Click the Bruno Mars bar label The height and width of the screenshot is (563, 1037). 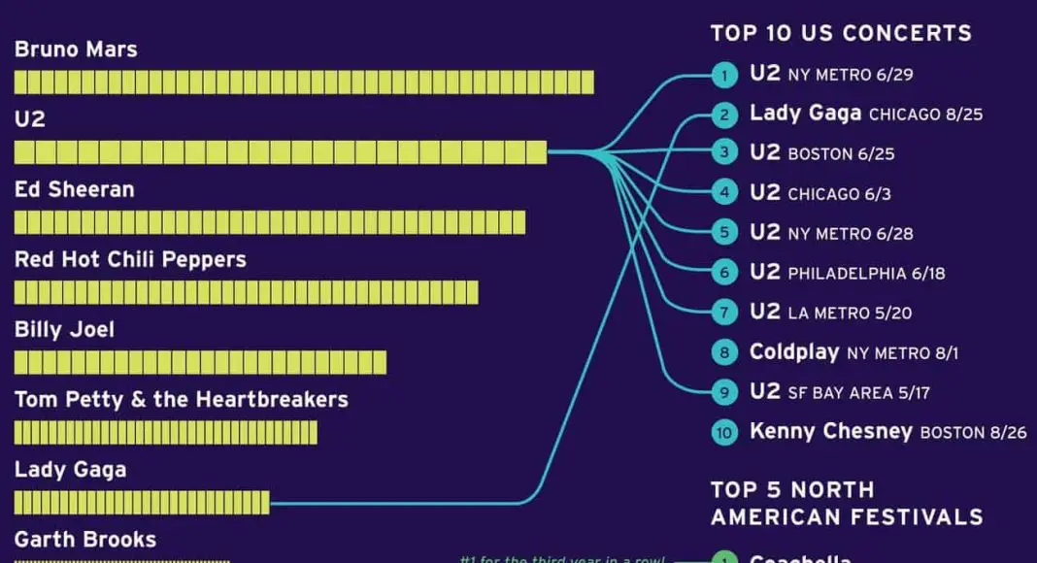[76, 50]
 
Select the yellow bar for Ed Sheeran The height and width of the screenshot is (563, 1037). [269, 222]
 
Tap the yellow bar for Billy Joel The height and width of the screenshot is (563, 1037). [200, 362]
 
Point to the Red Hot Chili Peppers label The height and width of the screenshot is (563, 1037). [130, 260]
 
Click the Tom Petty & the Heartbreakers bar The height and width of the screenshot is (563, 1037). [165, 432]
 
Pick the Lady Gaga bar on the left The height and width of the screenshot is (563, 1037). [142, 502]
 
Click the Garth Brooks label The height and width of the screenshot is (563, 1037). [85, 539]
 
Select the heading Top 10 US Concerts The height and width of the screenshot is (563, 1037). [841, 33]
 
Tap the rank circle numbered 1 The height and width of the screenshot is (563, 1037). [723, 75]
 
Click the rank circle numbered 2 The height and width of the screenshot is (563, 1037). [723, 116]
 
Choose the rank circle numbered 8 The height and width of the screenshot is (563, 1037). [723, 352]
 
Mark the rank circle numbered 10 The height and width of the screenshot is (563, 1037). [723, 432]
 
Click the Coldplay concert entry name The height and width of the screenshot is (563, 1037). [794, 351]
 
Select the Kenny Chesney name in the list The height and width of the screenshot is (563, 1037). [831, 431]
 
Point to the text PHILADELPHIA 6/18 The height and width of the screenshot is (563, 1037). [866, 274]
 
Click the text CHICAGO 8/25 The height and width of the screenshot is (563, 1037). [925, 115]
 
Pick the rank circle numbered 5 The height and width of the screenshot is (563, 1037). [723, 234]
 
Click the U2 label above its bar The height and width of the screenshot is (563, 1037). [30, 119]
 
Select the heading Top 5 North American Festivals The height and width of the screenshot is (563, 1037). [846, 503]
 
